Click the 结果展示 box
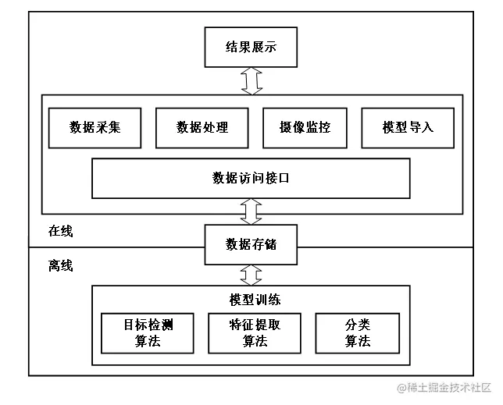pyautogui.click(x=251, y=47)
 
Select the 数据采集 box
pyautogui.click(x=95, y=126)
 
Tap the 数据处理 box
pyautogui.click(x=202, y=126)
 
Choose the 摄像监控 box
pyautogui.click(x=305, y=126)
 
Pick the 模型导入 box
pyautogui.click(x=408, y=126)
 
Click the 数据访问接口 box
pyautogui.click(x=251, y=178)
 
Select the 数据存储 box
pyautogui.click(x=251, y=245)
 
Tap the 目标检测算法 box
pyautogui.click(x=148, y=332)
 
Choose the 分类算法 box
pyautogui.click(x=357, y=332)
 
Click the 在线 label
pyautogui.click(x=60, y=231)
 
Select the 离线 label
pyautogui.click(x=60, y=266)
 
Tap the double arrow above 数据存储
pyautogui.click(x=251, y=211)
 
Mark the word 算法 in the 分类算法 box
pyautogui.click(x=357, y=341)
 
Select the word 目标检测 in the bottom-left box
pyautogui.click(x=148, y=325)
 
